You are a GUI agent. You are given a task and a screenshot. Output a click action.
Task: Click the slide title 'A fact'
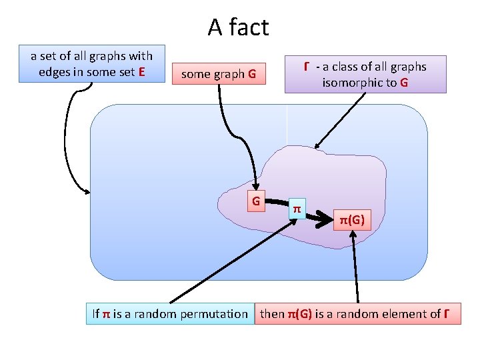238,27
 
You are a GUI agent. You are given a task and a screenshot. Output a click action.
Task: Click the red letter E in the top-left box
141,72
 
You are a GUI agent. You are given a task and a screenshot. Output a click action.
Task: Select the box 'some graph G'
219,74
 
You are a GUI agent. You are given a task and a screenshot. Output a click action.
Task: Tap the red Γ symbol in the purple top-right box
306,66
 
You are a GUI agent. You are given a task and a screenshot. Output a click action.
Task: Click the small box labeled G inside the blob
255,200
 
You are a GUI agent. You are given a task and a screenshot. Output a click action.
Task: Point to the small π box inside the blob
297,209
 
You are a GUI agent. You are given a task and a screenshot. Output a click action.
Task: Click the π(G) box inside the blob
352,219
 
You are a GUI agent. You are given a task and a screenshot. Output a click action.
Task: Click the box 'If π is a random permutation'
169,313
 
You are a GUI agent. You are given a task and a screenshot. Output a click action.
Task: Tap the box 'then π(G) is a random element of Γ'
358,313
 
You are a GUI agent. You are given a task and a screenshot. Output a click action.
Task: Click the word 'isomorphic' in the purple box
351,83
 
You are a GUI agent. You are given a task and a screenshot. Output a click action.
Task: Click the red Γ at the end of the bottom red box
445,313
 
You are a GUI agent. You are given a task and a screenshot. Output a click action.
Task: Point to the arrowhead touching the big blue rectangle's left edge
86,191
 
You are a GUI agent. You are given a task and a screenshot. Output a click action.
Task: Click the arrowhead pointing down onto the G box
255,186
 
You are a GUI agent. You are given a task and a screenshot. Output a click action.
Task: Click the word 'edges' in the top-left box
55,72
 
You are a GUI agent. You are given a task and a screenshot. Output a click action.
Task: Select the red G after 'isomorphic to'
404,83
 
